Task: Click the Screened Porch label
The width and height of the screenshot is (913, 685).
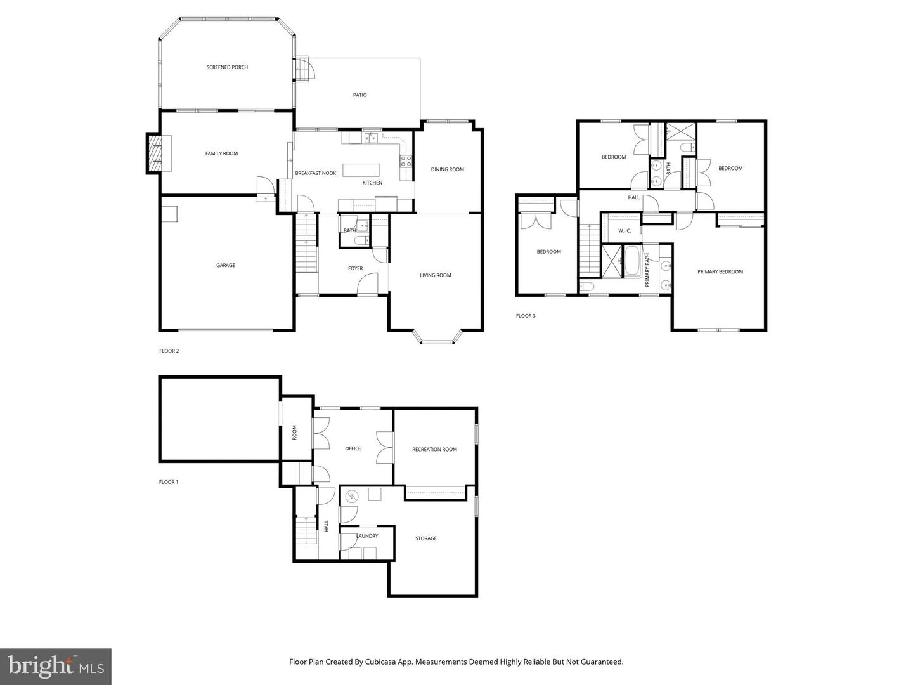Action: coord(227,67)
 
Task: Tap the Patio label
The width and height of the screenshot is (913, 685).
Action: coord(359,95)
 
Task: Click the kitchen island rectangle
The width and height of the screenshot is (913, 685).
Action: coord(361,170)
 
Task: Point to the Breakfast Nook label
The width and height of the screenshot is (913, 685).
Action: coord(315,173)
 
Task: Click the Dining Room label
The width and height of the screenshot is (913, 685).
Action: coord(447,169)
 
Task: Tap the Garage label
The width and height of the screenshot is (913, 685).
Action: coord(225,265)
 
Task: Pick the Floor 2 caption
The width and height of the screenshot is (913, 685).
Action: coord(169,351)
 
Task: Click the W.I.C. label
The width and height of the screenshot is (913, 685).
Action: coord(625,230)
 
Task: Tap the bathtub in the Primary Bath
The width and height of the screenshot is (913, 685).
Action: coord(632,261)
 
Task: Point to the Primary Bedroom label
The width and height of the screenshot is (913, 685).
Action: coord(720,271)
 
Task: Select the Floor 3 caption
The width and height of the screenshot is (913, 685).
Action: coord(526,315)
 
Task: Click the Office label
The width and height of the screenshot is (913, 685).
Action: coord(353,448)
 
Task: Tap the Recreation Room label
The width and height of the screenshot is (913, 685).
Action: coord(434,449)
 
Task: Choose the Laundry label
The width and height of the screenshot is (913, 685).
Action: coord(366,536)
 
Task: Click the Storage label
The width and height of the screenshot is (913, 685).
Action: coord(425,538)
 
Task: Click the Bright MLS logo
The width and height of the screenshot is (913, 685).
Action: coord(56,666)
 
